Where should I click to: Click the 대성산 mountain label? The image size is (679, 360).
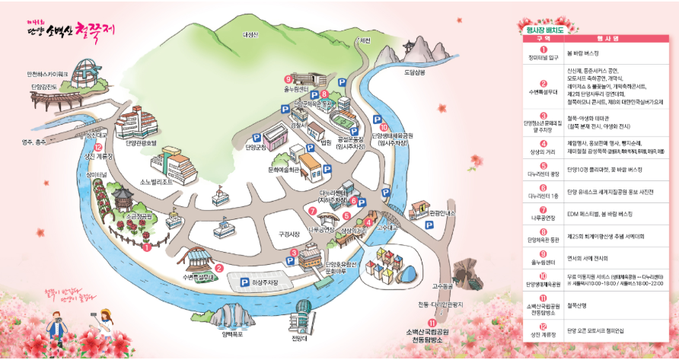[x=250, y=34]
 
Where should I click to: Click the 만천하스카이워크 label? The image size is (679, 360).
[x=48, y=74]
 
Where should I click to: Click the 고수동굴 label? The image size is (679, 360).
[x=442, y=286]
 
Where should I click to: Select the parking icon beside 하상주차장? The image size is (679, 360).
[x=245, y=282]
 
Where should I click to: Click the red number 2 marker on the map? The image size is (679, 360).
[x=218, y=267]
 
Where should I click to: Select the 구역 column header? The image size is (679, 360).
[x=544, y=37]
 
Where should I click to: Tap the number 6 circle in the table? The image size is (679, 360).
[x=544, y=187]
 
